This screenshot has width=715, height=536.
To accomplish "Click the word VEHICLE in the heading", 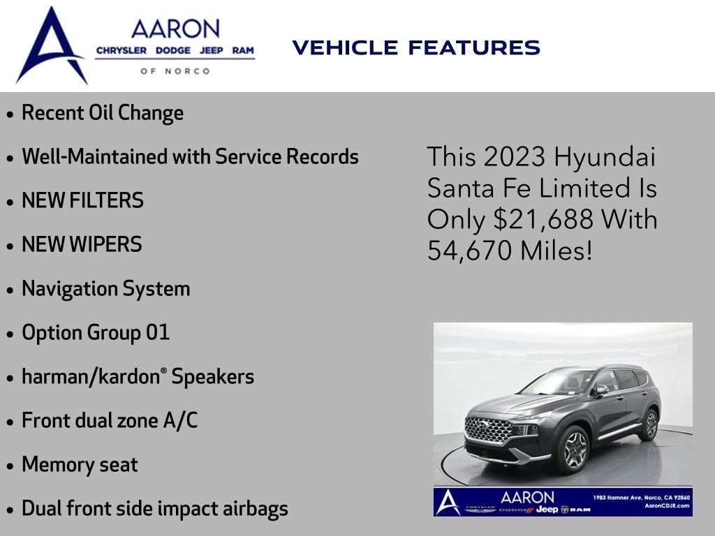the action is click(x=345, y=48).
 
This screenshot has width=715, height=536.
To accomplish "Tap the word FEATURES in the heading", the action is click(x=474, y=48).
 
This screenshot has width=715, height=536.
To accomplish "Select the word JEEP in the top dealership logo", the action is click(x=211, y=50).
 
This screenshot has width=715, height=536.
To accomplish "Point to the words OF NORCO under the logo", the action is click(x=175, y=71).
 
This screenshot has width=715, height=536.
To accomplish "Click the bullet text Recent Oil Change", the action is click(x=103, y=113).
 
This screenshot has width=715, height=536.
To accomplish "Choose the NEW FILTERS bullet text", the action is click(x=82, y=200).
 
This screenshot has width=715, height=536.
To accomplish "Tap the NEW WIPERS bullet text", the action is click(x=82, y=244).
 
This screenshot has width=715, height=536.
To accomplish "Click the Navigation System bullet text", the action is click(x=106, y=289).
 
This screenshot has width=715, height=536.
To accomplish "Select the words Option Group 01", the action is click(x=96, y=332).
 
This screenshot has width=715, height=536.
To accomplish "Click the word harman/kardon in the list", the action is click(x=91, y=376).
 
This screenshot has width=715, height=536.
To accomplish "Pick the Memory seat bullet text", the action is click(x=80, y=464).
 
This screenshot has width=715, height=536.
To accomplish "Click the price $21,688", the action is click(x=543, y=219).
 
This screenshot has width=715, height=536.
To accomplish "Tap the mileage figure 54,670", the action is click(x=470, y=251).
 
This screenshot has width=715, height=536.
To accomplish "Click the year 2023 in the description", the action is click(x=515, y=157).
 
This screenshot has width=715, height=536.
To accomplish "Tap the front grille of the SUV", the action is click(x=488, y=430).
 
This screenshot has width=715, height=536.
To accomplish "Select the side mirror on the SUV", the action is click(x=601, y=389).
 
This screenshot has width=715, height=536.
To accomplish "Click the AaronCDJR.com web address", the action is click(x=667, y=505).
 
